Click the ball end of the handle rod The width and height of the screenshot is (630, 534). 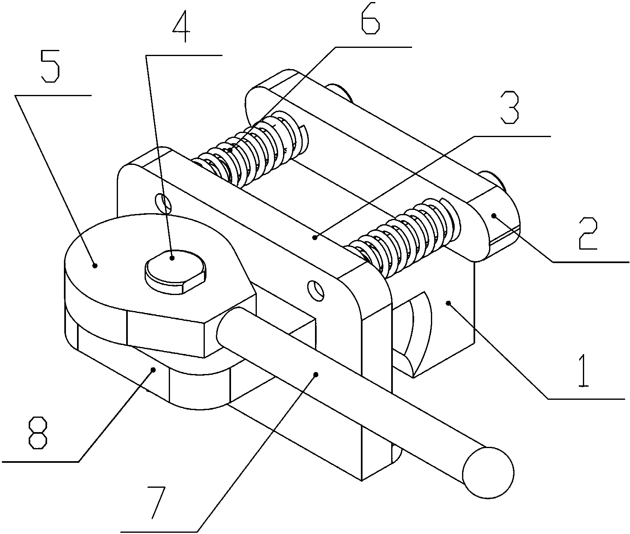click(488, 472)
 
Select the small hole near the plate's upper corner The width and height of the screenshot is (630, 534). click(163, 202)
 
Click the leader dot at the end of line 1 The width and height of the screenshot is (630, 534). click(449, 303)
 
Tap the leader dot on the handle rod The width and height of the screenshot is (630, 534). click(315, 374)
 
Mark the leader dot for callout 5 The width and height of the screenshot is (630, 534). click(95, 266)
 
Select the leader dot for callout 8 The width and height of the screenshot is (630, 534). click(154, 370)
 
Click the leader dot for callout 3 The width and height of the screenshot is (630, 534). click(315, 237)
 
